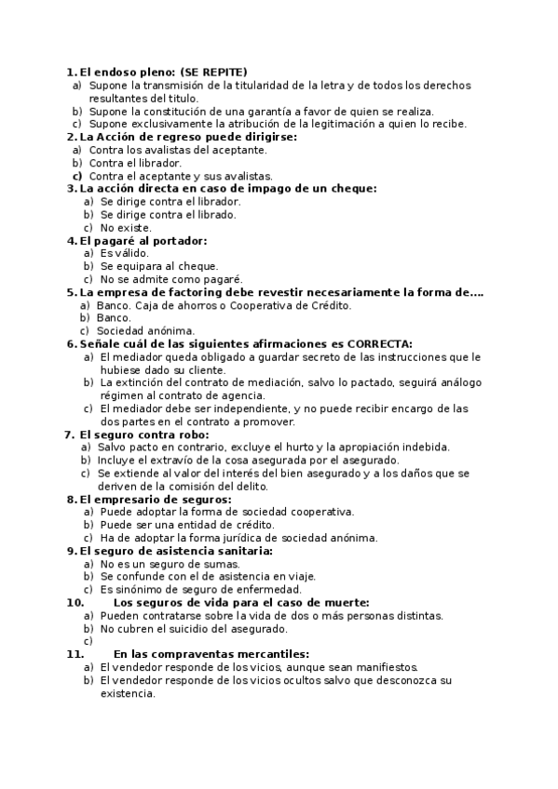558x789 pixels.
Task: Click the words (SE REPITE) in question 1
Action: pyautogui.click(x=213, y=72)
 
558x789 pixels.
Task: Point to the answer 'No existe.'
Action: pyautogui.click(x=126, y=227)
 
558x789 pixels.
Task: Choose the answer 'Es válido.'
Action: pyautogui.click(x=124, y=253)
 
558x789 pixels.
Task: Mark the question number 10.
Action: pyautogui.click(x=75, y=602)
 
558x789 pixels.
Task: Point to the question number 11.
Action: pyautogui.click(x=75, y=654)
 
